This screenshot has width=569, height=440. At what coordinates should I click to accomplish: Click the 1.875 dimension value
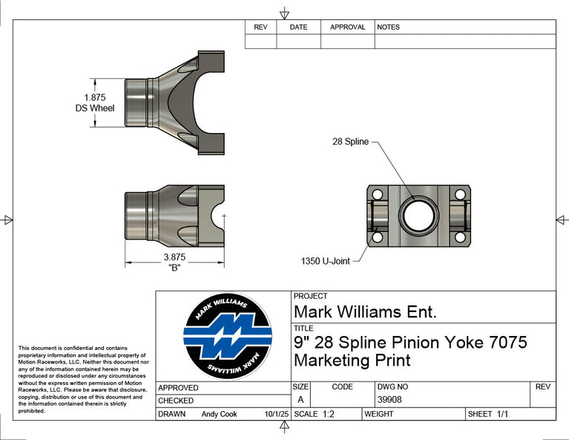(x=94, y=97)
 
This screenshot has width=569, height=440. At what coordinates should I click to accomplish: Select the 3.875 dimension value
(x=174, y=257)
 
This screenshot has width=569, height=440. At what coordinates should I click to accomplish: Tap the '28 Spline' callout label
(x=350, y=141)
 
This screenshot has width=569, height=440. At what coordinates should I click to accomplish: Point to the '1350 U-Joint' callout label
(x=325, y=261)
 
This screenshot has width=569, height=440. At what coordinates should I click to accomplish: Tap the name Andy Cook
(x=219, y=414)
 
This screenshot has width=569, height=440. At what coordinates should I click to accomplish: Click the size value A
(x=300, y=400)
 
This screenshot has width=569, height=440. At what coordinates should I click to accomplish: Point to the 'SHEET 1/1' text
(x=487, y=414)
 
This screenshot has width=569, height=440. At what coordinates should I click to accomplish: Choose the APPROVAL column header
(x=347, y=27)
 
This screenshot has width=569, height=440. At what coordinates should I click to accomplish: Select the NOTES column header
(x=389, y=27)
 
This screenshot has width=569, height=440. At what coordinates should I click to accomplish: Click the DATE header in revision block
(x=298, y=27)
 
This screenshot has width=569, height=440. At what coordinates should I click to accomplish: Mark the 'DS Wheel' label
(x=95, y=109)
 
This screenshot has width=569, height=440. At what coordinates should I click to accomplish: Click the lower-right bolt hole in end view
(x=459, y=238)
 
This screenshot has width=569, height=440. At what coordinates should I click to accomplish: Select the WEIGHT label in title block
(x=378, y=414)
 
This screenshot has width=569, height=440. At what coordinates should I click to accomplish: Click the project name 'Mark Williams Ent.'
(x=365, y=311)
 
